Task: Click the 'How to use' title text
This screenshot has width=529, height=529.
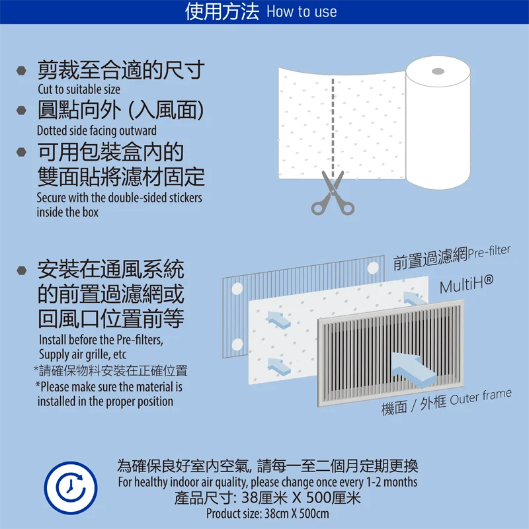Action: [302, 12]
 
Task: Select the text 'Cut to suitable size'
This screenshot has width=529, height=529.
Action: [79, 89]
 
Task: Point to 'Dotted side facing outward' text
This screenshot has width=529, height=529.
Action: [97, 130]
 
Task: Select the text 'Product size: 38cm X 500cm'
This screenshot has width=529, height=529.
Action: [267, 514]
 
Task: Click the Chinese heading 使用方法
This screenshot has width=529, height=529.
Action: [222, 12]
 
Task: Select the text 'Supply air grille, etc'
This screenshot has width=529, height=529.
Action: [82, 354]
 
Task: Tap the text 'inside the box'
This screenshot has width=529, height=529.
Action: [67, 212]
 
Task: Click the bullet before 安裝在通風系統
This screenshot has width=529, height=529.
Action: [22, 270]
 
